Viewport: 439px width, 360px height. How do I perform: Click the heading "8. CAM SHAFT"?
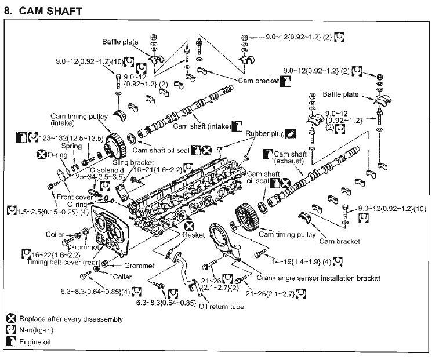pyautogui.click(x=43, y=10)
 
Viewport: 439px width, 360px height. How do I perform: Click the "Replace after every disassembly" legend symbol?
pyautogui.click(x=12, y=319)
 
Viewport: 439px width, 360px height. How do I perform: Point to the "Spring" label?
pyautogui.click(x=73, y=147)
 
